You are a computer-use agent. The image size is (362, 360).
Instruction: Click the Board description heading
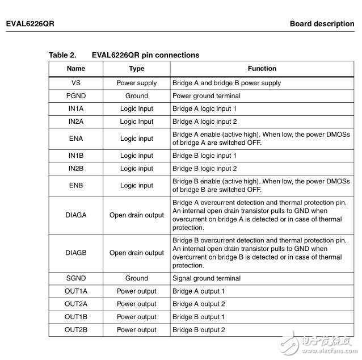click(x=322, y=24)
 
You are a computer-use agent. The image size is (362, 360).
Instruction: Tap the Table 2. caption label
click(x=62, y=55)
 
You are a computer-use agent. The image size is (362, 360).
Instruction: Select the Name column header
click(x=75, y=69)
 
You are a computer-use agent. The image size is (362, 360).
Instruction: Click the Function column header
click(x=262, y=69)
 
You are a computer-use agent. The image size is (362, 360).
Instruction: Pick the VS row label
click(x=75, y=83)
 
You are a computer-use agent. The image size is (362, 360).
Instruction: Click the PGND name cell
click(x=75, y=96)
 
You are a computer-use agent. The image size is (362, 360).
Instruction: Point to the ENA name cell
click(x=75, y=139)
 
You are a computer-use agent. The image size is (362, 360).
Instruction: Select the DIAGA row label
click(x=75, y=215)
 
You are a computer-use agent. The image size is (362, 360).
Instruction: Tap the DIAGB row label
click(x=75, y=253)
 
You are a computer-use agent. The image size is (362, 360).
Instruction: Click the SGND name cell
click(x=75, y=278)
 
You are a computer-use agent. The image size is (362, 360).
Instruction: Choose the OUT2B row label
click(x=75, y=330)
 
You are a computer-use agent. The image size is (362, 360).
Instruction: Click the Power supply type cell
click(x=137, y=83)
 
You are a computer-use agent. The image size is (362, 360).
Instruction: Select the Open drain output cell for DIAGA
click(x=137, y=215)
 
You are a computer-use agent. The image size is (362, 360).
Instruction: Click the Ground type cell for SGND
click(x=137, y=278)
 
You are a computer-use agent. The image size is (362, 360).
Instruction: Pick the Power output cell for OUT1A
click(x=137, y=291)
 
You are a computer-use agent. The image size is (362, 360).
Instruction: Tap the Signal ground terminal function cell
click(x=207, y=278)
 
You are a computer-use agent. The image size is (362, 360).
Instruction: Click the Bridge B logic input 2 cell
click(x=205, y=169)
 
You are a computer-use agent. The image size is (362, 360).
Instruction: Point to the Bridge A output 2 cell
click(x=199, y=304)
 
